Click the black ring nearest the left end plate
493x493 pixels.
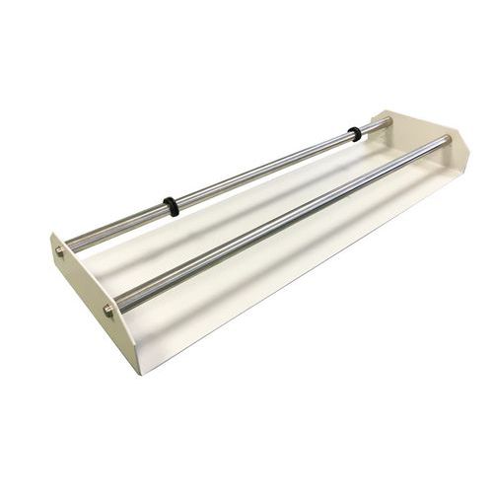(x=172, y=206)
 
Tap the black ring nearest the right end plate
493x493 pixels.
(x=354, y=133)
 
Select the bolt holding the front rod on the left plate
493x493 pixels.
(x=107, y=311)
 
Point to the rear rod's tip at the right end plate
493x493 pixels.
(x=387, y=121)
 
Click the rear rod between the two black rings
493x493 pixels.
(x=261, y=170)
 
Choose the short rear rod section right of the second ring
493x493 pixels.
(x=371, y=127)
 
